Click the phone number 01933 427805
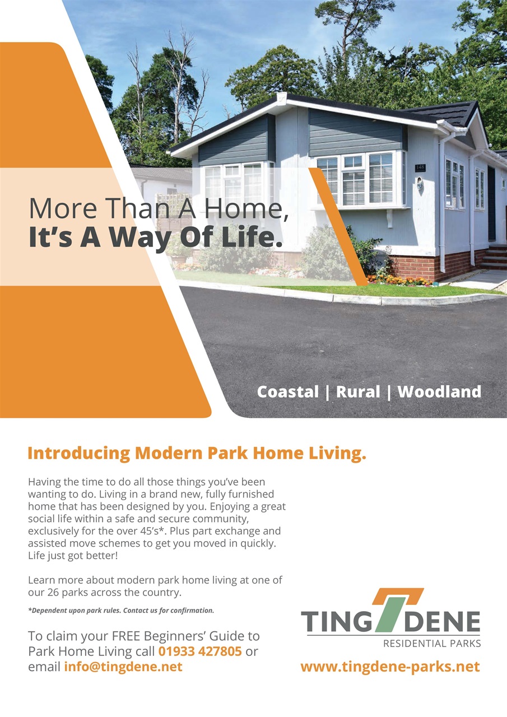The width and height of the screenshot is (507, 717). coord(200,651)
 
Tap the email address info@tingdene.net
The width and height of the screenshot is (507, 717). coord(123,667)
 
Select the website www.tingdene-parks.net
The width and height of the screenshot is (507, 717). coord(390,667)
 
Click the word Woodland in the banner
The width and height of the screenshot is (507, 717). coord(439,392)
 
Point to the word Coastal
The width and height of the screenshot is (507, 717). coord(288,392)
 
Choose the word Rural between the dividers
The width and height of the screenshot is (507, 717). coord(358,392)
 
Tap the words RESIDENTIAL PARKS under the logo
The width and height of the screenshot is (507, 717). coord(431,644)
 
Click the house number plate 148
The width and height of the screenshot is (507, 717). coord(420,167)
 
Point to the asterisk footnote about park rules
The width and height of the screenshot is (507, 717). coord(120,610)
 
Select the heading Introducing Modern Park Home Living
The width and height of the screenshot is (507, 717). coord(197,453)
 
